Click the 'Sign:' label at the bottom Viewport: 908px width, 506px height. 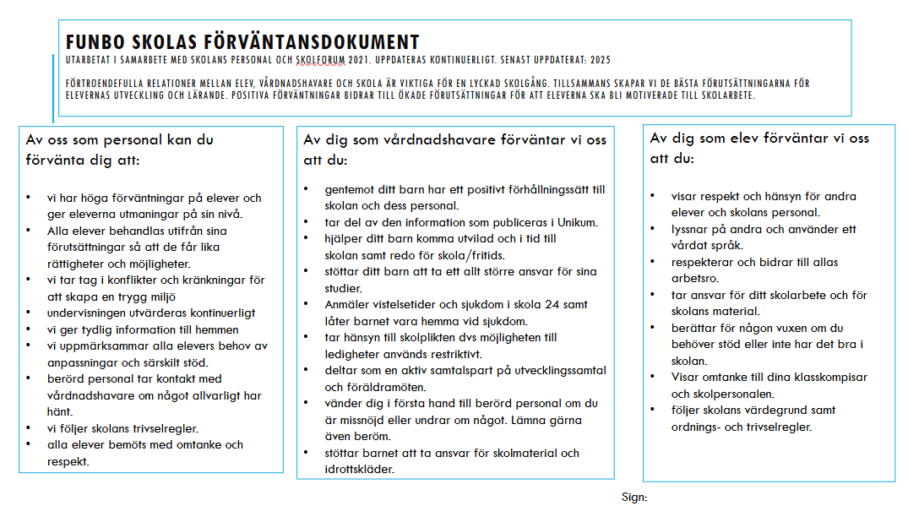(x=633, y=498)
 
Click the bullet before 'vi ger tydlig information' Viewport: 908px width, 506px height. (x=28, y=329)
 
